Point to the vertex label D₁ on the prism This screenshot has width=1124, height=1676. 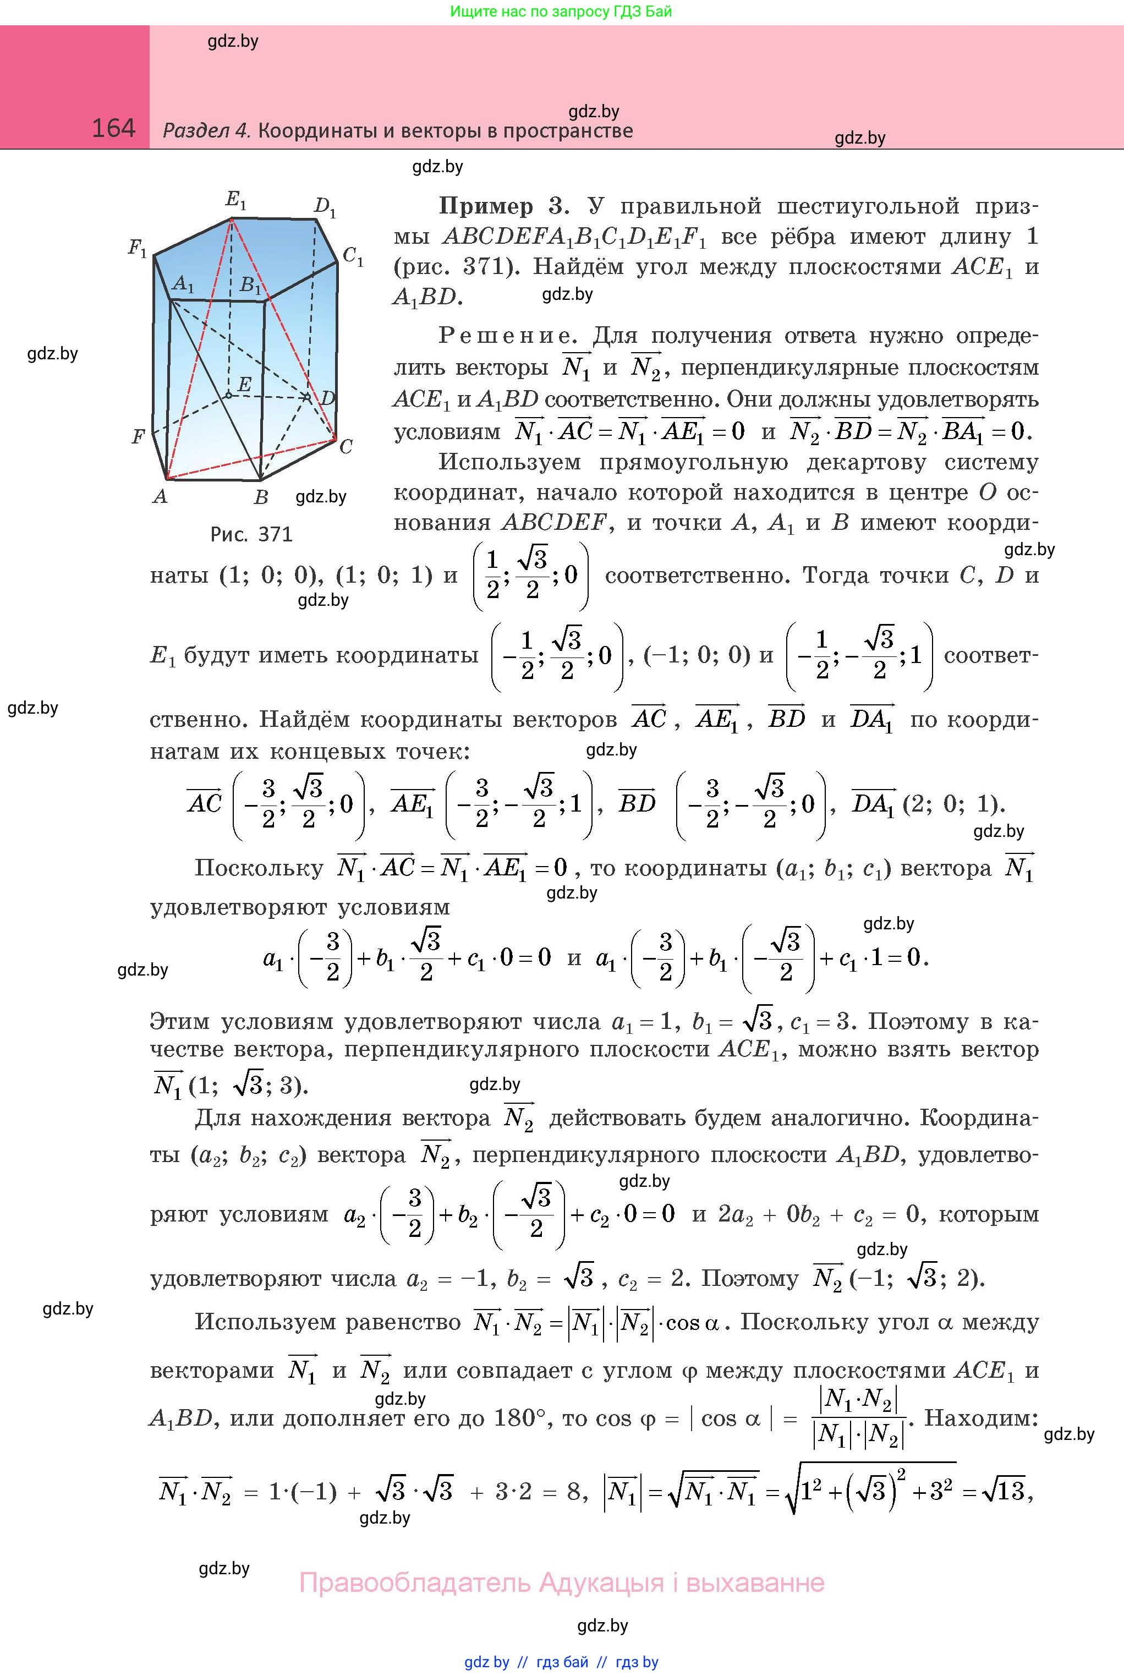[325, 207]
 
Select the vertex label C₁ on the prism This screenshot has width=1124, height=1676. [353, 256]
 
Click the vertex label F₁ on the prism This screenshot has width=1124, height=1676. [137, 249]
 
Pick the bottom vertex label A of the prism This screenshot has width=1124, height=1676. [160, 496]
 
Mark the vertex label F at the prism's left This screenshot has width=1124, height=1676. [138, 436]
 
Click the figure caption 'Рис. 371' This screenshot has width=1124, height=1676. [251, 534]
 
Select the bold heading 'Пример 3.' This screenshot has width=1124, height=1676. [504, 206]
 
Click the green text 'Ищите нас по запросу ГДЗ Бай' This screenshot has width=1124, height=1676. [561, 12]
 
